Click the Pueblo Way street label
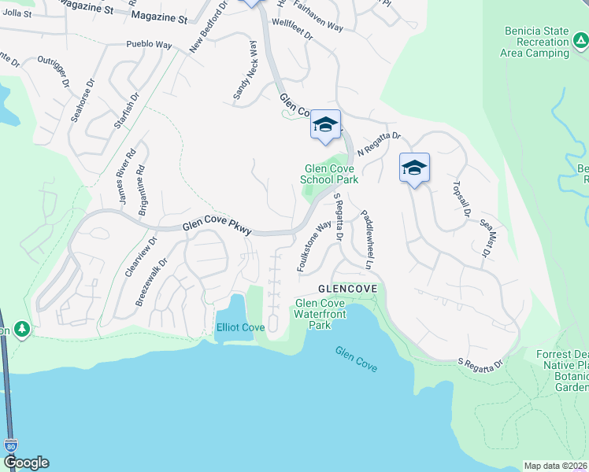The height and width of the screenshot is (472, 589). pyautogui.click(x=149, y=46)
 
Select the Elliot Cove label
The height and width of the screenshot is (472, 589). pyautogui.click(x=241, y=326)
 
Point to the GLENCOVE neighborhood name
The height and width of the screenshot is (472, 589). pyautogui.click(x=347, y=289)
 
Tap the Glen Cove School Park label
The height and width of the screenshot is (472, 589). pyautogui.click(x=329, y=174)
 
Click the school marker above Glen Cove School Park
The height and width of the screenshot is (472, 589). pyautogui.click(x=325, y=126)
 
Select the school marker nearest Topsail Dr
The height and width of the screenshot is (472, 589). pyautogui.click(x=414, y=168)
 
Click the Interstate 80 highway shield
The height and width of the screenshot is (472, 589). pyautogui.click(x=10, y=445)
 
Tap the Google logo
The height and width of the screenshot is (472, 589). pyautogui.click(x=25, y=463)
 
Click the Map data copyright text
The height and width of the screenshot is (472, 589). pyautogui.click(x=555, y=466)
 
